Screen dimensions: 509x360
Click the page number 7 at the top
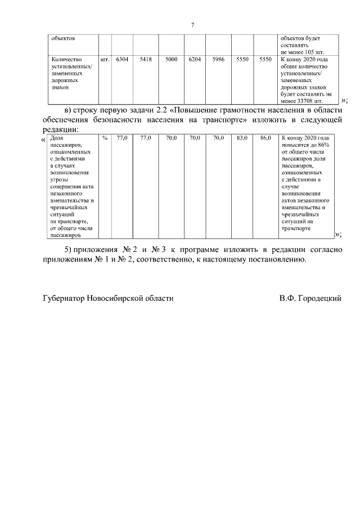193,25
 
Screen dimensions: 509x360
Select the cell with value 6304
122,59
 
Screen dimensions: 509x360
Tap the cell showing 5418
146,59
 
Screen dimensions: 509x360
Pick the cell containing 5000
172,59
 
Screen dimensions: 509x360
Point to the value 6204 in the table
195,59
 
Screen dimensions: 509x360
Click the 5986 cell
219,59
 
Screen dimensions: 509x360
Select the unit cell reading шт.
105,59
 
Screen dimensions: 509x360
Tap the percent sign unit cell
105,138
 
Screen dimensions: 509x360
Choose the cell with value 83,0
242,138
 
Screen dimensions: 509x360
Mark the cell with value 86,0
265,138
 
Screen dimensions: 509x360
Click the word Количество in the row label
66,59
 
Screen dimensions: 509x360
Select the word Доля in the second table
57,138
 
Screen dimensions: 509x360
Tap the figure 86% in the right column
325,145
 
